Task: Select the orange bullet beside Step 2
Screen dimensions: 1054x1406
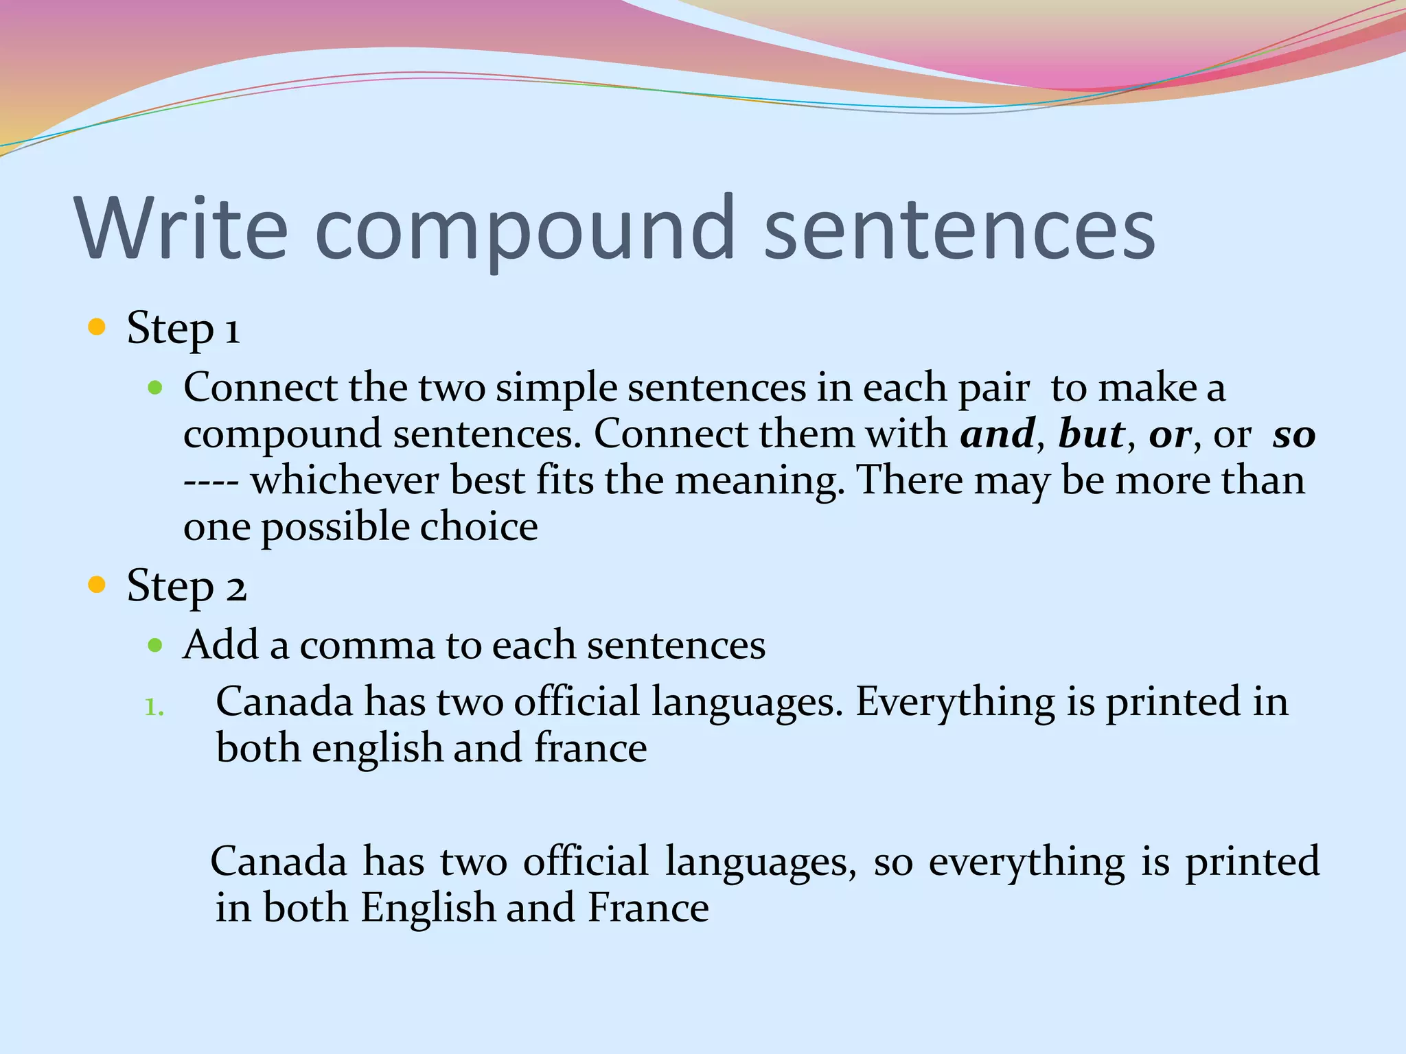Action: click(97, 585)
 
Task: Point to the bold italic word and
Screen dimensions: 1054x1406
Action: click(998, 434)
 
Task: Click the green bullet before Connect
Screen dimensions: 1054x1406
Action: click(155, 388)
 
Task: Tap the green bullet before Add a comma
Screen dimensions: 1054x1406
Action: click(155, 646)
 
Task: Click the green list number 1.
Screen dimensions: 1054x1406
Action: click(154, 707)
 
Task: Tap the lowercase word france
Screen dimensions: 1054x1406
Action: click(590, 748)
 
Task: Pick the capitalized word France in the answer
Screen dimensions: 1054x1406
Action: click(648, 908)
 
